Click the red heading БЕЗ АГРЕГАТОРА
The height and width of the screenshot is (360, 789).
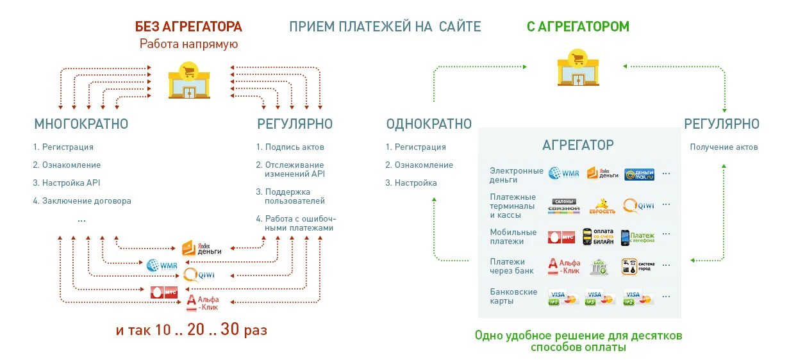[188, 27]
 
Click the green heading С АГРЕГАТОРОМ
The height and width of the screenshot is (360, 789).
[577, 27]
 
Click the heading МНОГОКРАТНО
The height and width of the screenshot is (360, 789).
[81, 124]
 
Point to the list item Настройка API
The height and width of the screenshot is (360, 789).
[67, 183]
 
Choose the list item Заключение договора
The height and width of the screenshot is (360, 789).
[82, 200]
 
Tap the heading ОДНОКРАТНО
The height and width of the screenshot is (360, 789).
[429, 124]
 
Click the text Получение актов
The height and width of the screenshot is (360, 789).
[724, 147]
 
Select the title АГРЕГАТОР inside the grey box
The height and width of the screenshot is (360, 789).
[577, 145]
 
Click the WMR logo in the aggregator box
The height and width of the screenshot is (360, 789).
[563, 173]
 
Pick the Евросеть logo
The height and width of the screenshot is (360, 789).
[602, 206]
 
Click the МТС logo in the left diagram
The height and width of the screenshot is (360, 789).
[164, 292]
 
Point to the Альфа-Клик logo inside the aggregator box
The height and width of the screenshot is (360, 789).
[564, 266]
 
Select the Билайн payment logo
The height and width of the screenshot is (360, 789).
[598, 237]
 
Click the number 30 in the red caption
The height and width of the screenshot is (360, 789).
[229, 330]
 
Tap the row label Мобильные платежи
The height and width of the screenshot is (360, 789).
[513, 236]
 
